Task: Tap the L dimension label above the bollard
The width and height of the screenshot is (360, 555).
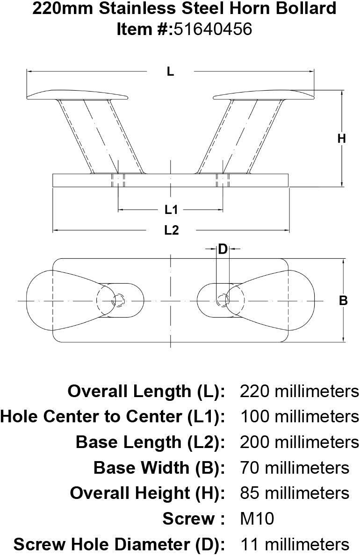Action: [x=171, y=71]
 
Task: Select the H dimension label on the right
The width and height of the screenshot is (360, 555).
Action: [x=341, y=138]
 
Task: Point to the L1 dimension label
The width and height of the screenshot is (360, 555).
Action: [x=171, y=210]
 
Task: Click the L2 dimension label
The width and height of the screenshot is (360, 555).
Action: [x=171, y=230]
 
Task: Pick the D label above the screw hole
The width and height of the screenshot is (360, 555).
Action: [x=223, y=249]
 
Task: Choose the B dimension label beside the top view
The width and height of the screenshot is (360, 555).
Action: [x=343, y=300]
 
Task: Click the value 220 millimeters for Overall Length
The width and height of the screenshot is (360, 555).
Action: [x=299, y=391]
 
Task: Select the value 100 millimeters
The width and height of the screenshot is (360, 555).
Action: [x=300, y=417]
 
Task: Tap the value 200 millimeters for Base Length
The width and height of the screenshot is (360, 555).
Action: [x=299, y=442]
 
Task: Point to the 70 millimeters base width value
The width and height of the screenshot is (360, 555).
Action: [x=295, y=468]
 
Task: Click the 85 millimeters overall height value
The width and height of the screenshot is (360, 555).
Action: [x=295, y=493]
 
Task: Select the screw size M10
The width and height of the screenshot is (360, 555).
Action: [x=257, y=519]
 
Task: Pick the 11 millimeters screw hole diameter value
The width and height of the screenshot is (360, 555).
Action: [x=295, y=544]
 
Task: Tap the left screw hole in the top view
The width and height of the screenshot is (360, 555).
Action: [x=119, y=300]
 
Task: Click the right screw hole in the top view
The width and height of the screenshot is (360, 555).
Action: [x=223, y=300]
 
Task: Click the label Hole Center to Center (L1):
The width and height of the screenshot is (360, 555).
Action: [x=113, y=417]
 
